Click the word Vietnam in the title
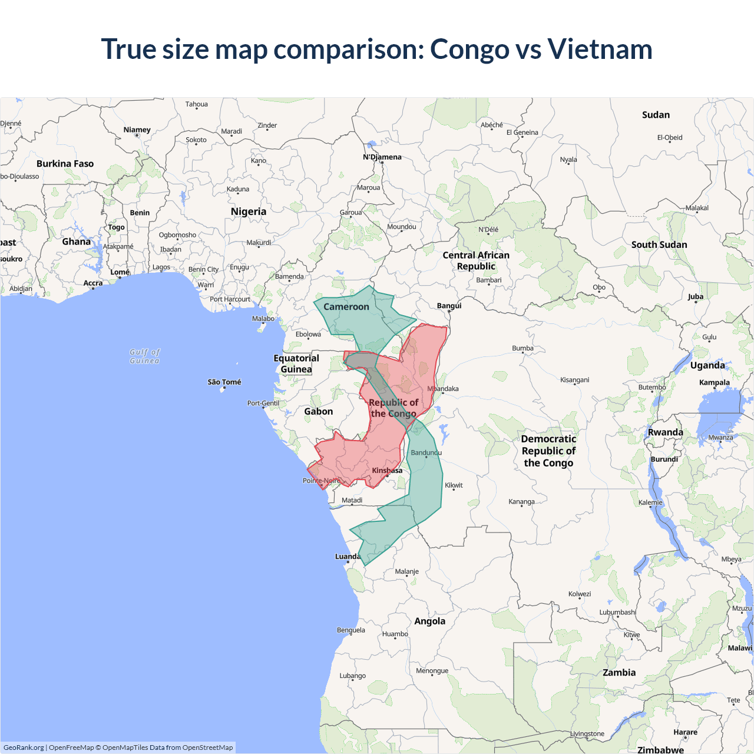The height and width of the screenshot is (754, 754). point(600,49)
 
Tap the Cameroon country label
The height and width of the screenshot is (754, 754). point(346,307)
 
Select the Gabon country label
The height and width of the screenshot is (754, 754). point(319,412)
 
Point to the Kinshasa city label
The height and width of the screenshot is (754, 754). point(387,471)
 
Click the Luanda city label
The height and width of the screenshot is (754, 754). point(348,557)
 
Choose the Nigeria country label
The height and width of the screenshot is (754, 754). point(249,211)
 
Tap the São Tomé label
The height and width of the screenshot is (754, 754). point(224,382)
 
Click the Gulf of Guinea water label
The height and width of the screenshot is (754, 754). point(145,356)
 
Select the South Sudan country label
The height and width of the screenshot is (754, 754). point(659,245)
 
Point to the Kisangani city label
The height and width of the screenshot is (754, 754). point(575,380)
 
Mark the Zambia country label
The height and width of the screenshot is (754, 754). point(619,673)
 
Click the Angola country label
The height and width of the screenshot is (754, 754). point(430,621)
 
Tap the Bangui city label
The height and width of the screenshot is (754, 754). point(449,306)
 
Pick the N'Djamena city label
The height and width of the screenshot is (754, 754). point(382,157)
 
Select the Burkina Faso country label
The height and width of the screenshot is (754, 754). point(65,164)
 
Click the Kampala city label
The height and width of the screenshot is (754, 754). point(715,383)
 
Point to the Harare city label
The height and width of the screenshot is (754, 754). point(686,732)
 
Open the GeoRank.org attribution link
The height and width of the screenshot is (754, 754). point(24,748)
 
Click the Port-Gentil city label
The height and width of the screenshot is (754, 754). point(263,404)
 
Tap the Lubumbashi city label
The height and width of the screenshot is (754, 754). point(618,613)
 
